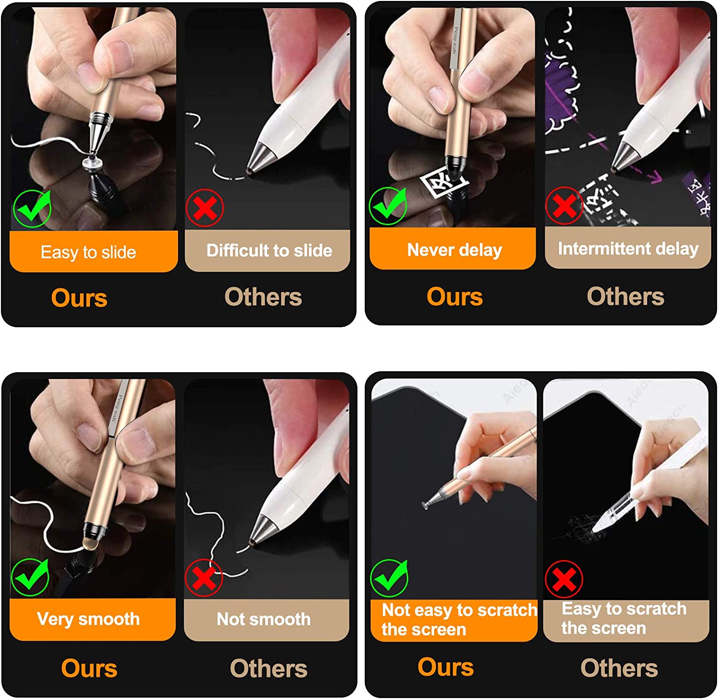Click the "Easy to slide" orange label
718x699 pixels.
(89, 252)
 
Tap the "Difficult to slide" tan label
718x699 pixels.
(269, 250)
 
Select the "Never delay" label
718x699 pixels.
(455, 250)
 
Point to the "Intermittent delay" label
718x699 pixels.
(628, 248)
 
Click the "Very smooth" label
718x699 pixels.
(89, 619)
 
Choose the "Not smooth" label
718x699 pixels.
(264, 619)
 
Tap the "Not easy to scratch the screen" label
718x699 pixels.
(459, 620)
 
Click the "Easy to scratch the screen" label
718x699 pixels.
(624, 618)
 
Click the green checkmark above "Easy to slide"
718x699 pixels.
(32, 208)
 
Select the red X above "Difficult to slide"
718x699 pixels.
(205, 208)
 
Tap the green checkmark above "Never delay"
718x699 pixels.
(388, 206)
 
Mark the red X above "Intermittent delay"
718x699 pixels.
(564, 206)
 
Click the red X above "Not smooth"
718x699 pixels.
(204, 577)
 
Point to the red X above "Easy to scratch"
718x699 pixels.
(564, 579)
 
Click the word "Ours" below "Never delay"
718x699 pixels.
(455, 297)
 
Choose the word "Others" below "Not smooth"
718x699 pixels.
(269, 668)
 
